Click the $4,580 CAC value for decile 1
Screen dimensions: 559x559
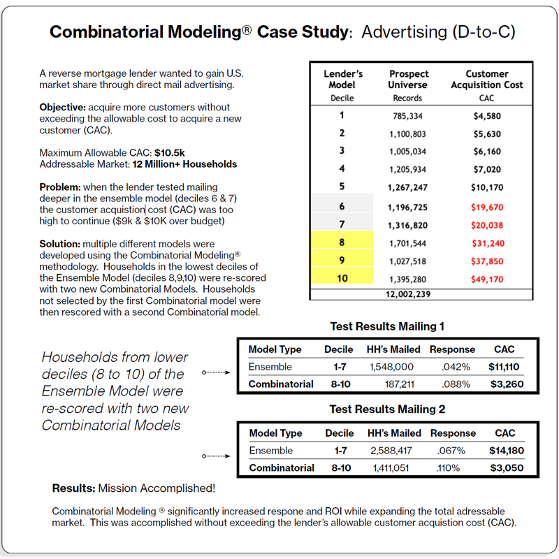487,115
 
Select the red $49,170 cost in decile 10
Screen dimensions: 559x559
487,279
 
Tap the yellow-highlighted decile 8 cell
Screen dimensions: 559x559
342,242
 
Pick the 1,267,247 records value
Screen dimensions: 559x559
407,187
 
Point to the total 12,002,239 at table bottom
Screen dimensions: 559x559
407,294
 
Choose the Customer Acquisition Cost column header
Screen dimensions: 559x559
487,79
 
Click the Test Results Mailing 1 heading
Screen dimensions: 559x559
387,326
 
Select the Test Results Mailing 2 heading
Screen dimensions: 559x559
387,409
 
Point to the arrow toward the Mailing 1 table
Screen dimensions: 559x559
216,372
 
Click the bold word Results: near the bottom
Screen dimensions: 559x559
74,488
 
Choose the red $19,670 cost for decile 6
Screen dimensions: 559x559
487,207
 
